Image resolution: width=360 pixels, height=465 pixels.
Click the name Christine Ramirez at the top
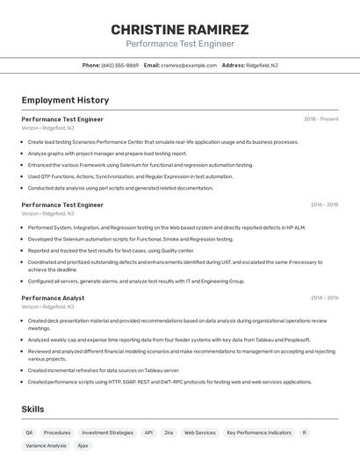(180, 29)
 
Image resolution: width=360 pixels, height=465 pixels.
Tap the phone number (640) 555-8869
(120, 65)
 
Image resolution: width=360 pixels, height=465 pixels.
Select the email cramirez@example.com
(189, 65)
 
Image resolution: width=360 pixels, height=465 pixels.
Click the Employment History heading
(65, 100)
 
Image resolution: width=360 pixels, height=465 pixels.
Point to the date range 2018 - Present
(320, 119)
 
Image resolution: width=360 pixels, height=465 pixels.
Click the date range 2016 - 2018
(324, 204)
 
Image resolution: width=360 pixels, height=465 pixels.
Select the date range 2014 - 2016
(324, 298)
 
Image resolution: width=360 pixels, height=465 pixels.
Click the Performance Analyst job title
(53, 298)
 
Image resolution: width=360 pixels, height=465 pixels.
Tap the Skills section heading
(32, 409)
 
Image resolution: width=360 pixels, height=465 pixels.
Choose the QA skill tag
(29, 433)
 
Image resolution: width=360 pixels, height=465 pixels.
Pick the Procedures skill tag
(57, 433)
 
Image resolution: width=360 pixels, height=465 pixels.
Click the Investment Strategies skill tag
(107, 433)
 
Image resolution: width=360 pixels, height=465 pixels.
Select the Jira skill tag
(169, 433)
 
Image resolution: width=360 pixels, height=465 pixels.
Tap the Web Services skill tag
(199, 433)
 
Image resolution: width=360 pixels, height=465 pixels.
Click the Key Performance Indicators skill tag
(258, 433)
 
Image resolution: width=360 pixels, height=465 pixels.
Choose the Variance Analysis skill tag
(46, 446)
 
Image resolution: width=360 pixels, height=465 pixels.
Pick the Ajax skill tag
(83, 446)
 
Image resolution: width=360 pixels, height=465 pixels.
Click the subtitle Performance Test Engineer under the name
(180, 44)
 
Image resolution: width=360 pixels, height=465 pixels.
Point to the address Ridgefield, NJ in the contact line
(262, 65)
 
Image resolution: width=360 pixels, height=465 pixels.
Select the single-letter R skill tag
(305, 433)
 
